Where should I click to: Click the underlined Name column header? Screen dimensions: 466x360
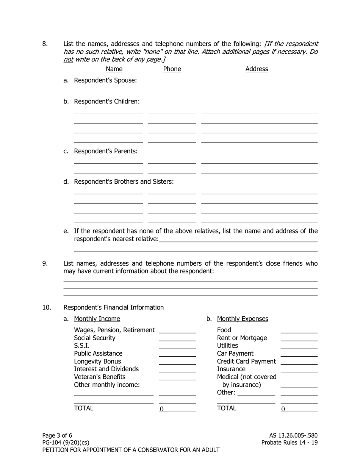point(114,69)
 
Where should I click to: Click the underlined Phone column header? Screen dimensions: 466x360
point(172,69)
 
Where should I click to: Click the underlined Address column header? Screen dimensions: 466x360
point(257,69)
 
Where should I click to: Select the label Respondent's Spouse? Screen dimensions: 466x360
point(105,80)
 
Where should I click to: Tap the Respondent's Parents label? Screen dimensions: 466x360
point(106,151)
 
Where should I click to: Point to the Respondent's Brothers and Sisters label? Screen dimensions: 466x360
point(124,181)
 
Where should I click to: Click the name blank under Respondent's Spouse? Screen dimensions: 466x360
point(108,90)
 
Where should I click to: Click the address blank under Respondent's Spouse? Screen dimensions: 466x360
point(259,90)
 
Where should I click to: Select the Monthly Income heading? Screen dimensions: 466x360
point(97,319)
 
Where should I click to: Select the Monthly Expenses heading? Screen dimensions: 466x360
point(243,319)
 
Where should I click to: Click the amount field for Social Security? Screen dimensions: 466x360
point(177,338)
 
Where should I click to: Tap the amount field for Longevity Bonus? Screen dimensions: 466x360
point(177,361)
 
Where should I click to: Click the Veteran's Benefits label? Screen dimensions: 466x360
point(100,377)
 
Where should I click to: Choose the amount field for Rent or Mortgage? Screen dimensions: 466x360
point(299,338)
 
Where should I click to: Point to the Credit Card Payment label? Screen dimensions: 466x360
point(246,361)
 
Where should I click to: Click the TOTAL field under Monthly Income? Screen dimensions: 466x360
point(177,409)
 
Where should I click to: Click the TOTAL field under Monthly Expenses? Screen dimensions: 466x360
point(299,409)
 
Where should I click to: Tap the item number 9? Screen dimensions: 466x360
point(45,263)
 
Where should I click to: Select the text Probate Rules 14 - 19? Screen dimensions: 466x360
point(290,443)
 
